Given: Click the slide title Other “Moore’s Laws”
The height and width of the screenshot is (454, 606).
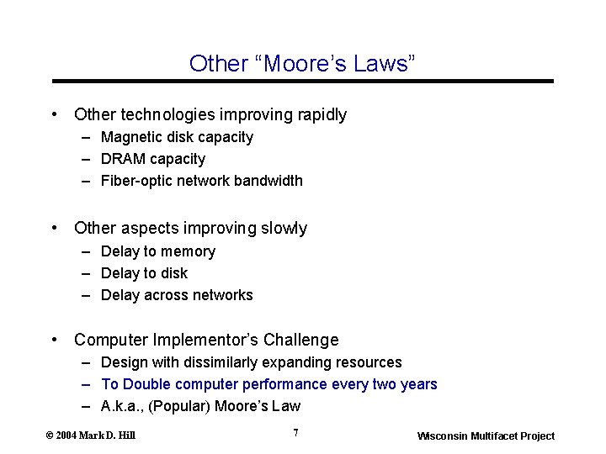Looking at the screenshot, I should point(302,63).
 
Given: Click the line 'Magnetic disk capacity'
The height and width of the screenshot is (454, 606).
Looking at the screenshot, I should point(177,137).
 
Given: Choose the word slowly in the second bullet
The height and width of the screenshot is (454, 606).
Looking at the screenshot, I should point(284,229).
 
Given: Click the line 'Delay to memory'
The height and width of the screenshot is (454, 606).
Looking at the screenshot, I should point(158,251).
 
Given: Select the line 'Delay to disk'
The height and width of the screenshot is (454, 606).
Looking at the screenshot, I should point(144,273).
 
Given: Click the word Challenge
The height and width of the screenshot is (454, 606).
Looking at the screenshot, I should point(300,340).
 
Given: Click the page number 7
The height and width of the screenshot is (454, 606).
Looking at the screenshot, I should point(295,433).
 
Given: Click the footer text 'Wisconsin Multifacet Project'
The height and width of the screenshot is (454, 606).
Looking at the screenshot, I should point(486,436).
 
